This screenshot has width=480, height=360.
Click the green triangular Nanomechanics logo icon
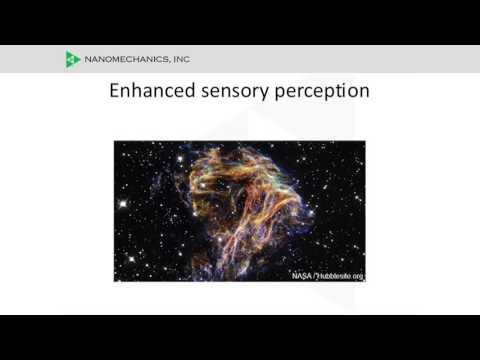coord(73,59)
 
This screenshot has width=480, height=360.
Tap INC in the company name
coord(182,59)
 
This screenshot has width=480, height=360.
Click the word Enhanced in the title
coord(152,91)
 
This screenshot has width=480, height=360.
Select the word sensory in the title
coord(235,92)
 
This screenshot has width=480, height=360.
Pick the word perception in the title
coord(322,92)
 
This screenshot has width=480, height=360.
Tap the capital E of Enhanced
coord(115,90)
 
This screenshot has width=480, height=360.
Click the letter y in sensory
coord(263,94)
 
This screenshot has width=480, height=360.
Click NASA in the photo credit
coord(302,276)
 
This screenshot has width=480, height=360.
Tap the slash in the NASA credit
coord(314,276)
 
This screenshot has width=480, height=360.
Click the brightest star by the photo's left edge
coord(123,203)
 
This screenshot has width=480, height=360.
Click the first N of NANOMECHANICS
coord(88,59)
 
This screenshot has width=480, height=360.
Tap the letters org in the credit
coord(358,277)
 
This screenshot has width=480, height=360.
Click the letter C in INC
coord(186,59)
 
